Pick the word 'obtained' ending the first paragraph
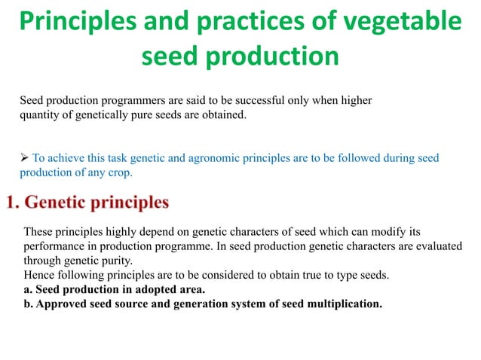(222, 115)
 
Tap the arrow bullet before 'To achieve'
(24, 157)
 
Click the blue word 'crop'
(119, 172)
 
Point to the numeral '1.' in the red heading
(14, 203)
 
